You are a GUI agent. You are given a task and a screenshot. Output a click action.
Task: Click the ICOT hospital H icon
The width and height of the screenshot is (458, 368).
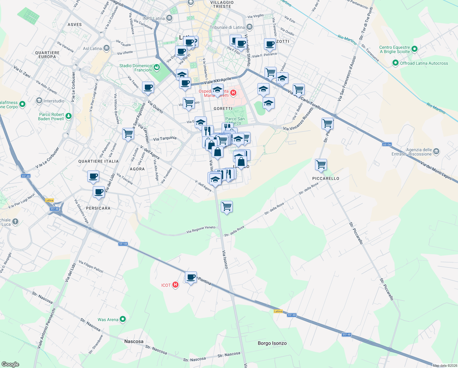point(175,285)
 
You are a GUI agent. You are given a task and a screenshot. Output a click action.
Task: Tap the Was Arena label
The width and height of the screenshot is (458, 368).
point(108,320)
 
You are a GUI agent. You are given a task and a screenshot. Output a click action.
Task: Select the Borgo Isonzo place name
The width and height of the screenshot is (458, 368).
point(272,343)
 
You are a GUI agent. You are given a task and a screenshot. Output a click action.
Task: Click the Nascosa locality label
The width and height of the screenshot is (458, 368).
point(134,341)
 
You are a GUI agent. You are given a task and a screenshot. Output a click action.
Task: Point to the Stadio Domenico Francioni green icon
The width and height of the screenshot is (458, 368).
point(157,67)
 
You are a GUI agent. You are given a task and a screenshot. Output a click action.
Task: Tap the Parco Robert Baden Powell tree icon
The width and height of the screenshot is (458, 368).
point(69,116)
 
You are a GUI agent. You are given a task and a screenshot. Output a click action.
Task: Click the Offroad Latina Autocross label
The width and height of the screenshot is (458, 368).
point(424,63)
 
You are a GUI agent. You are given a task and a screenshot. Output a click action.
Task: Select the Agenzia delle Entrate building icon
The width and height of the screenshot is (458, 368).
point(436,151)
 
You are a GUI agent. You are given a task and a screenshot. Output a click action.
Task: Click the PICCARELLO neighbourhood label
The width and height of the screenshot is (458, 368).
point(326,178)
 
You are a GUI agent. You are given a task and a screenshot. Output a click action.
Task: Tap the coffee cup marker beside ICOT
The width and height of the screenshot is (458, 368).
point(191,277)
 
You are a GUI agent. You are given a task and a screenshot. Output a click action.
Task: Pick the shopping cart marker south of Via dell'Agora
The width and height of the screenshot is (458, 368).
point(227,207)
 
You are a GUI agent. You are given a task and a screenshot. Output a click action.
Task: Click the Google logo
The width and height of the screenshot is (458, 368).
point(10,364)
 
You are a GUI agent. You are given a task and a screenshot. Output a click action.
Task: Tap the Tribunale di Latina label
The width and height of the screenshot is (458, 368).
point(227,27)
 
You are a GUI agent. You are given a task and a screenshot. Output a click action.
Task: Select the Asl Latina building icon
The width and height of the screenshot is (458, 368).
point(107,48)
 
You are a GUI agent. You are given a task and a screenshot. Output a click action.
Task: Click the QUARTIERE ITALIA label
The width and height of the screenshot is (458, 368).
point(98,161)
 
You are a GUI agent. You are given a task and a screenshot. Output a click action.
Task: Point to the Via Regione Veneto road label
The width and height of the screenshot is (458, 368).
point(201,230)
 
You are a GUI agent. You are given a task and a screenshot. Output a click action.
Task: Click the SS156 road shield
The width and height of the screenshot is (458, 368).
point(387,144)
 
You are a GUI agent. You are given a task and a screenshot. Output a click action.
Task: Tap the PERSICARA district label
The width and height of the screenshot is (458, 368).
point(98,208)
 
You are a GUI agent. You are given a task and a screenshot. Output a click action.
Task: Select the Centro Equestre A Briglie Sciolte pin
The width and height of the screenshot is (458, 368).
point(415,49)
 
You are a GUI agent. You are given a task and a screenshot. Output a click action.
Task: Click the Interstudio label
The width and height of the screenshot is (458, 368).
point(54,101)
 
